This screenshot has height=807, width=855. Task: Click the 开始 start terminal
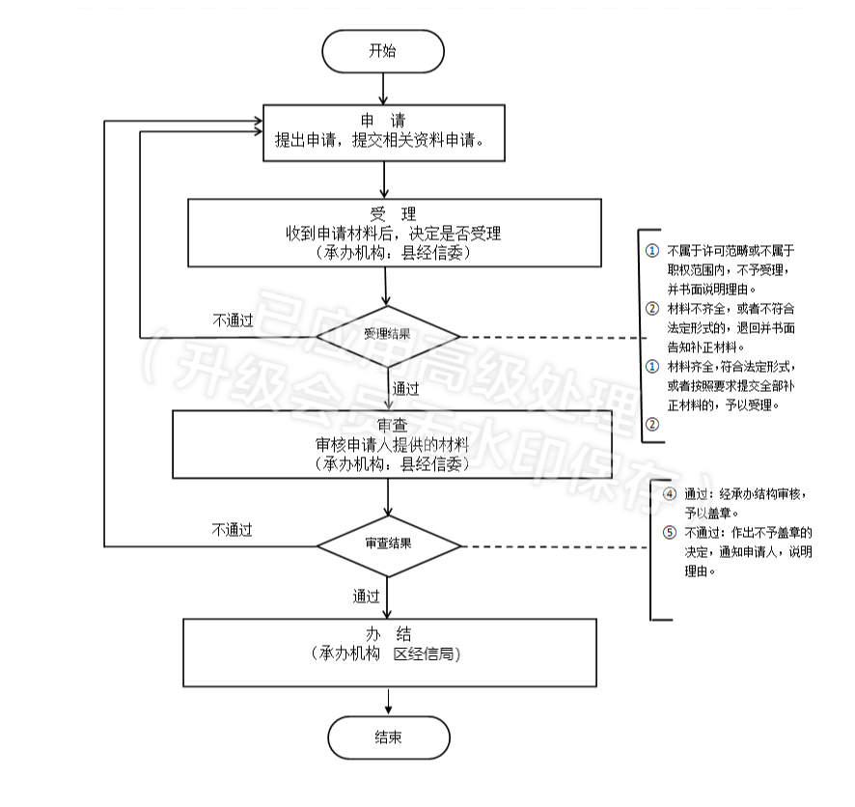click(x=383, y=51)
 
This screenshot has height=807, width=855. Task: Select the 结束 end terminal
click(x=388, y=738)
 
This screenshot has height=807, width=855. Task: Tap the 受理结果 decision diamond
click(x=388, y=336)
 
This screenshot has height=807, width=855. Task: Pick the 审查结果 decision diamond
click(x=388, y=544)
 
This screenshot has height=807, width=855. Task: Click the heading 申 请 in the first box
click(x=383, y=120)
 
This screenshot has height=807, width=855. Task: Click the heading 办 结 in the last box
click(x=388, y=634)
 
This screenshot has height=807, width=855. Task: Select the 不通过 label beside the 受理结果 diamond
click(x=233, y=320)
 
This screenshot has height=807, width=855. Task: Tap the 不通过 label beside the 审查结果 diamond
click(x=232, y=529)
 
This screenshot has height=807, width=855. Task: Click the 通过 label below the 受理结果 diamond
click(x=405, y=389)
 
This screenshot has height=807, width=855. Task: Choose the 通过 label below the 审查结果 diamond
click(x=366, y=597)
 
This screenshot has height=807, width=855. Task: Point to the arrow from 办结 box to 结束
click(x=388, y=701)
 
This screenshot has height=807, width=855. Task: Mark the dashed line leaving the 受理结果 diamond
click(x=550, y=338)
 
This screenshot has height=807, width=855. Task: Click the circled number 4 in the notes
click(x=670, y=493)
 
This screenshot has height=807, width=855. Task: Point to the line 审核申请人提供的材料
click(x=392, y=445)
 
